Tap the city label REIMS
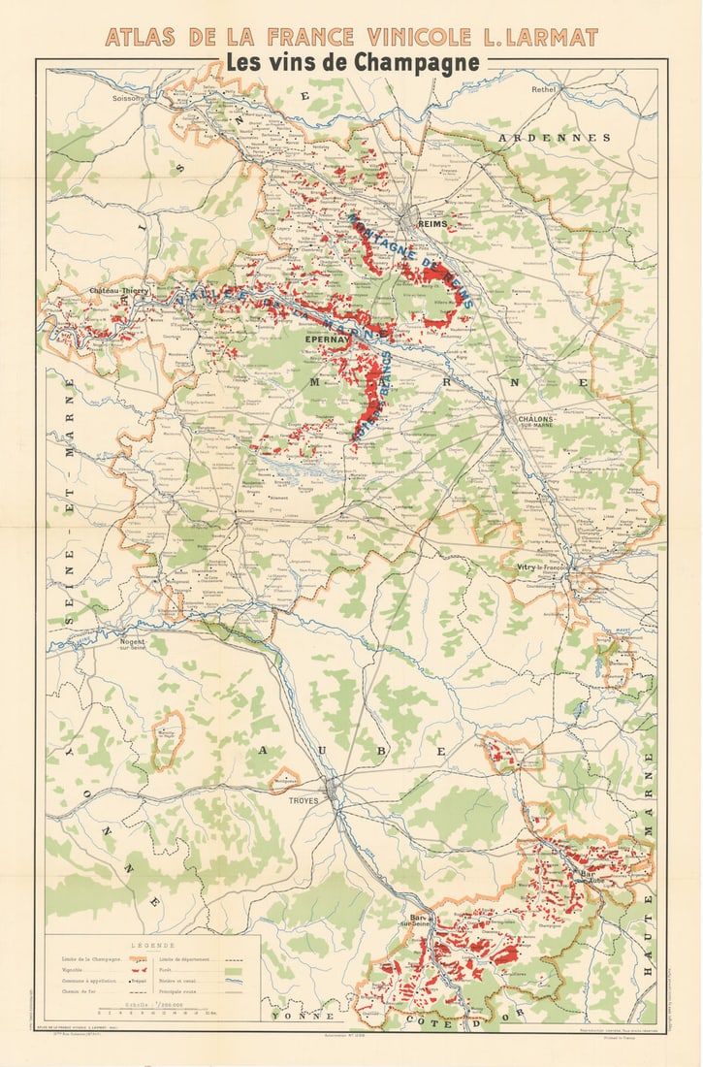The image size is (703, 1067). (431, 223)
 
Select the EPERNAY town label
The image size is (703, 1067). (325, 340)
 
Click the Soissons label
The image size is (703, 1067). (127, 98)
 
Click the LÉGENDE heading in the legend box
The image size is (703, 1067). (154, 945)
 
